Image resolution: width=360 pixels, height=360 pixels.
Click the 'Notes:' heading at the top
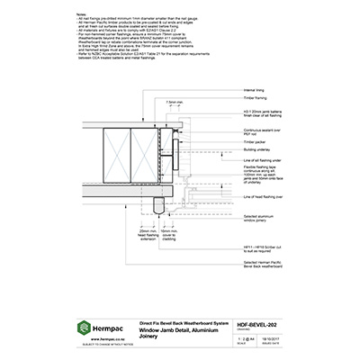coord(81,16)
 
